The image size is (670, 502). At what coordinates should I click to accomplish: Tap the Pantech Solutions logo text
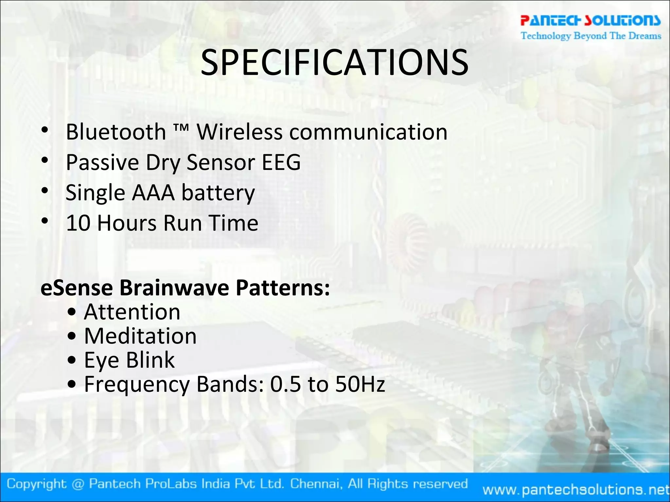click(591, 20)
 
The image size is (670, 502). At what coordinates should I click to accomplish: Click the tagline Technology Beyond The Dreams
click(591, 36)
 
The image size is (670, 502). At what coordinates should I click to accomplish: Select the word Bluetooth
click(116, 132)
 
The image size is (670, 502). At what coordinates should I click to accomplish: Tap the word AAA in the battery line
click(153, 193)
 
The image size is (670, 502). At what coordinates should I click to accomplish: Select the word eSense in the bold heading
click(77, 288)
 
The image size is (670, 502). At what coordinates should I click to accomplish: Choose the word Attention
click(132, 312)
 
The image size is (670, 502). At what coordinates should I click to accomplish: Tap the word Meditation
click(140, 336)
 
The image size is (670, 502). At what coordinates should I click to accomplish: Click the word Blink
click(150, 360)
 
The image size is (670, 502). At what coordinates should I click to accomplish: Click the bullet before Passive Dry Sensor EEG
click(45, 160)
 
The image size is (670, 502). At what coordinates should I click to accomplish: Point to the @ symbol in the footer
click(78, 484)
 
